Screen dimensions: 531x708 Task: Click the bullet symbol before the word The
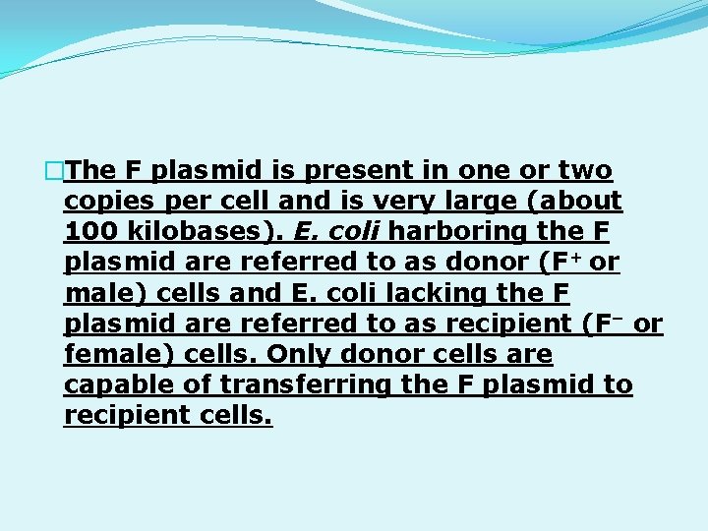tap(55, 171)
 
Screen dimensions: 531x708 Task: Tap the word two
tap(585, 171)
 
